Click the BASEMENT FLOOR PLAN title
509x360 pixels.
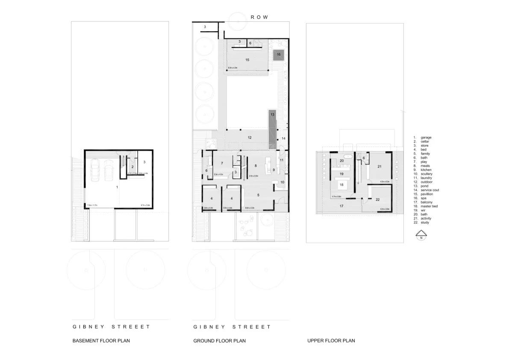click(101, 341)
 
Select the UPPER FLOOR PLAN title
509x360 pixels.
click(331, 341)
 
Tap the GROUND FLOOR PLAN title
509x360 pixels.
click(219, 341)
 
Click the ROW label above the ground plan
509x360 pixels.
click(259, 17)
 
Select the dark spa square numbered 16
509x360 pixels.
click(278, 54)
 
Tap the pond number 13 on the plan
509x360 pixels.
click(272, 115)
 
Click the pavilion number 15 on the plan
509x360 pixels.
click(247, 60)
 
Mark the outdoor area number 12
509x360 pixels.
click(250, 137)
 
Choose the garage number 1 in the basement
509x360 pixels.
click(118, 187)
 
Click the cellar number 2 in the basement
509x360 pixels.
click(132, 167)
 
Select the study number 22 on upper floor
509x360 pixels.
click(377, 200)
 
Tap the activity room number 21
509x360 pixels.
click(379, 166)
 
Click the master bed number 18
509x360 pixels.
click(341, 185)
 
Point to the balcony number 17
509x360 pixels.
click(341, 206)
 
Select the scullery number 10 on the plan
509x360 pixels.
click(282, 182)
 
